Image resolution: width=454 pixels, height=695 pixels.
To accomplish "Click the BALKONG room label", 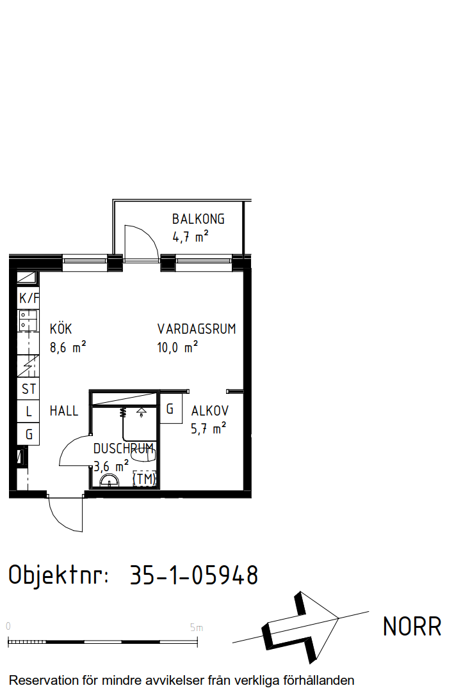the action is [199, 219].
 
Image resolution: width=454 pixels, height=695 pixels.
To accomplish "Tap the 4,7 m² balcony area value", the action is [190, 237].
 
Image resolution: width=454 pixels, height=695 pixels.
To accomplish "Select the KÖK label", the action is [61, 329].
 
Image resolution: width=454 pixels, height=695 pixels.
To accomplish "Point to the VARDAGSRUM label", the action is [197, 329].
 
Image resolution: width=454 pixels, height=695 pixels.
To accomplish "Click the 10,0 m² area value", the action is [177, 347].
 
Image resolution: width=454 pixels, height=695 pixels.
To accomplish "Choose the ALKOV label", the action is [210, 411].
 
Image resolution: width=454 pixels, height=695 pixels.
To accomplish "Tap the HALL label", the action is [64, 411].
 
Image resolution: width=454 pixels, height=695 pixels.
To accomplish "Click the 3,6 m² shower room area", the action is [111, 466].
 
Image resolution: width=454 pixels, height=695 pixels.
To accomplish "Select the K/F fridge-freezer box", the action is [29, 298].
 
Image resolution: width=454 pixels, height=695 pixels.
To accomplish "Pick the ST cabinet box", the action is [28, 389].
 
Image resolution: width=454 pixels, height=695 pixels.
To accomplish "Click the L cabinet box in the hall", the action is [28, 411].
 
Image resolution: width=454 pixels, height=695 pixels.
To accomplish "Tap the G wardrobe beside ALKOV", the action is [171, 408].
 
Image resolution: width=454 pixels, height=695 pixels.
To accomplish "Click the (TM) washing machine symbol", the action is [145, 479].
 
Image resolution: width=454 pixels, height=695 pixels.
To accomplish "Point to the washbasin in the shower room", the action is [109, 480].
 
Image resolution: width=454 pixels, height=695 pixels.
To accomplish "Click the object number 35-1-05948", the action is [194, 575].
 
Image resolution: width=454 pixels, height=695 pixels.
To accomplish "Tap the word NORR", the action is [412, 627].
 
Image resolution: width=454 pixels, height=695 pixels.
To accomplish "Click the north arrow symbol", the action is [301, 628].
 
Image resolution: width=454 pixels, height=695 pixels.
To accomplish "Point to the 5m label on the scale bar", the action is [197, 628].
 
